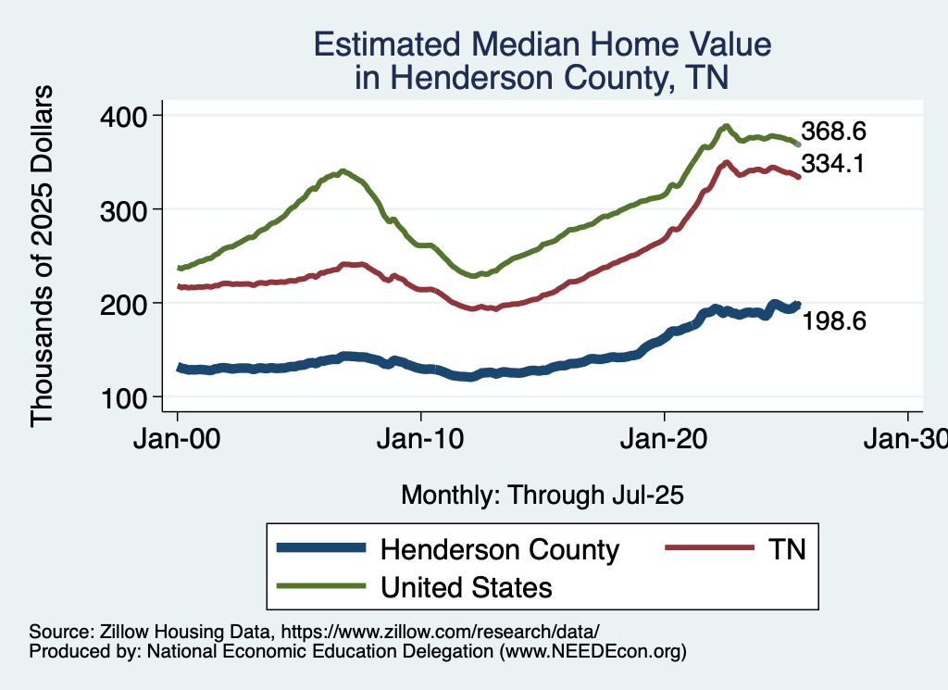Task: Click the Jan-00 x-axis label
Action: tap(177, 439)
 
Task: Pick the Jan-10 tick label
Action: tap(421, 439)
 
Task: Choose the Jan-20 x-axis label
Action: tap(665, 439)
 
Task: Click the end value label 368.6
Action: tap(833, 132)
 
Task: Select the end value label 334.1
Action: tap(833, 164)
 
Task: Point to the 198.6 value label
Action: tap(833, 321)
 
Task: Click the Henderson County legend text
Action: tap(500, 549)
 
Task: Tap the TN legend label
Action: tap(788, 549)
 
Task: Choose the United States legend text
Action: tap(467, 587)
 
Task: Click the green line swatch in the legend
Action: tap(318, 587)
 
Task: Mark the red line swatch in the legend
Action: tap(707, 549)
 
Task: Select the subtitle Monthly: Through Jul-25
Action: tap(542, 496)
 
